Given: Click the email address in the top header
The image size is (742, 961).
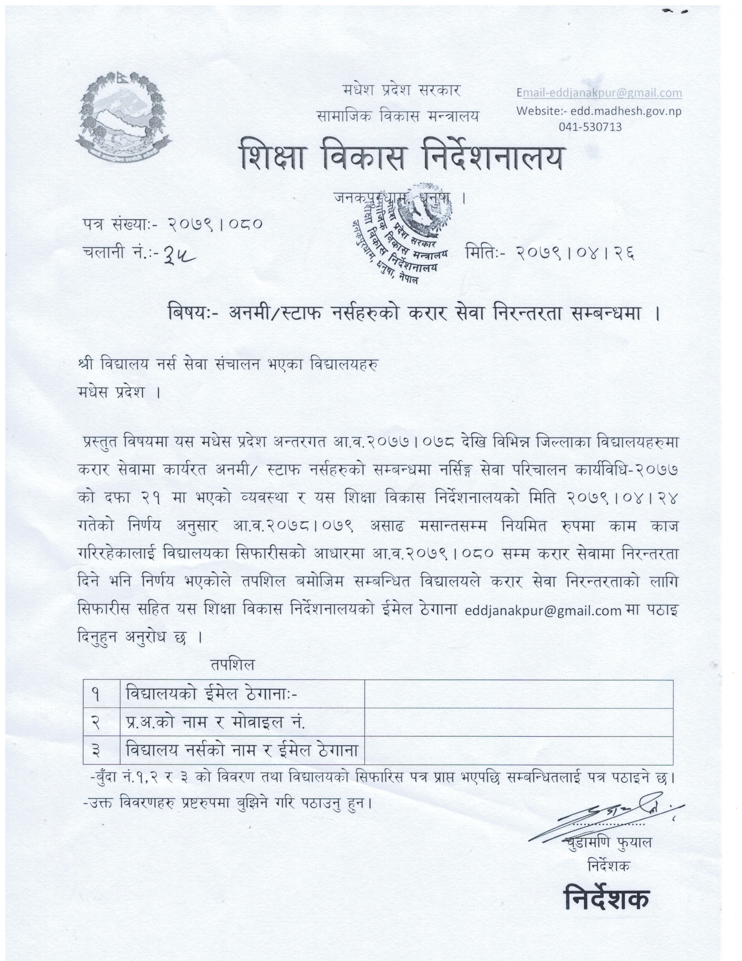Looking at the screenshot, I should point(599,93).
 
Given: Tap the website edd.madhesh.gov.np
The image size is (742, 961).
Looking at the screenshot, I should point(599,111).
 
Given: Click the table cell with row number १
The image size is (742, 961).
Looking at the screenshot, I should point(101,694).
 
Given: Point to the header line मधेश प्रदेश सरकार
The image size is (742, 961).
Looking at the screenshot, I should point(401,91).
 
